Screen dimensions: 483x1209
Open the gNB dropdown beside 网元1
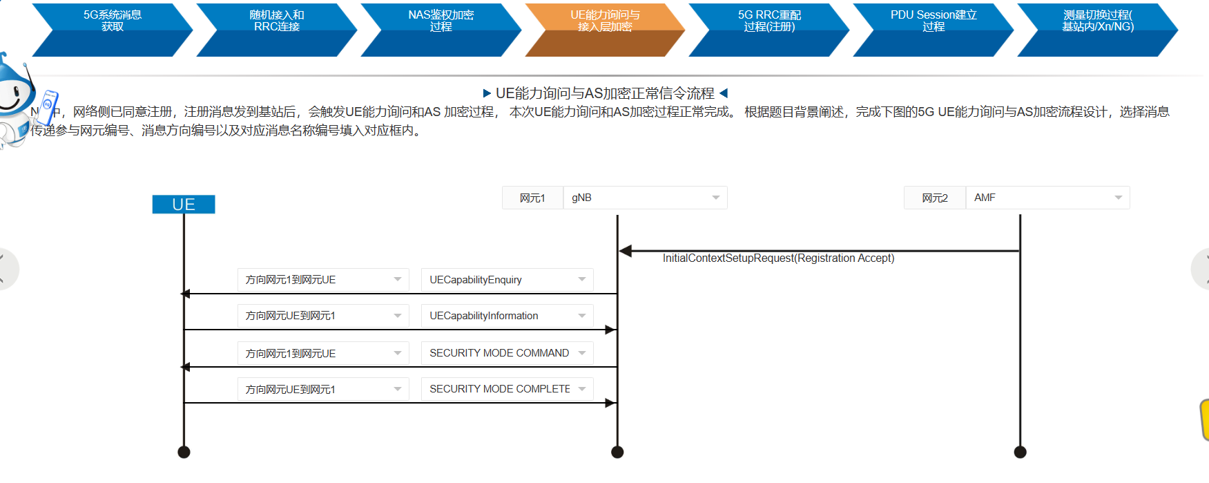(x=645, y=198)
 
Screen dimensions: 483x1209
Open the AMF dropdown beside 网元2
(x=1047, y=198)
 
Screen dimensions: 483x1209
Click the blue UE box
(x=184, y=205)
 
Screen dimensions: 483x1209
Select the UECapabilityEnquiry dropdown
(x=507, y=280)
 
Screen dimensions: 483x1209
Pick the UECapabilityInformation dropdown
(x=507, y=316)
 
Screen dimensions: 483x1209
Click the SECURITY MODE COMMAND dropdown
(x=507, y=353)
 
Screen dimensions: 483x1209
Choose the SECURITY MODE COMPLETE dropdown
(x=507, y=389)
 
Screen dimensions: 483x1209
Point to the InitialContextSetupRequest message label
(x=778, y=258)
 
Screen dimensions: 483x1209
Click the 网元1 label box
(x=532, y=198)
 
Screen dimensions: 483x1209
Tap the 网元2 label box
(x=934, y=198)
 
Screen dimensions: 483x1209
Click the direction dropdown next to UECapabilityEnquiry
(x=323, y=280)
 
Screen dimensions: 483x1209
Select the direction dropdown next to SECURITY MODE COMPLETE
(x=323, y=390)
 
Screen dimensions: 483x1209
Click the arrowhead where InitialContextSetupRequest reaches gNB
(x=626, y=251)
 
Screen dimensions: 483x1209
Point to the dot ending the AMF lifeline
(x=1020, y=452)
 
